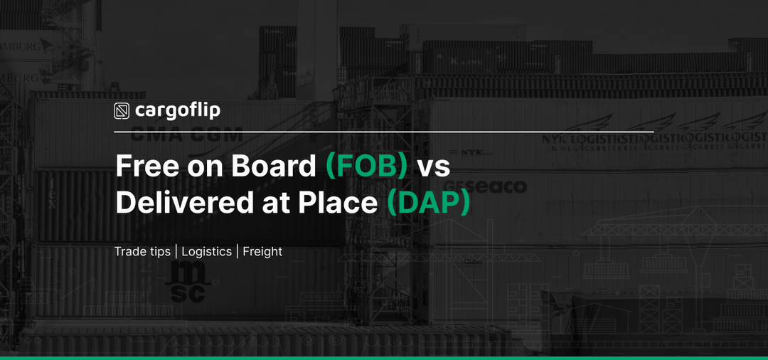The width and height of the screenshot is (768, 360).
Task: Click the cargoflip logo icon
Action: coord(122,111)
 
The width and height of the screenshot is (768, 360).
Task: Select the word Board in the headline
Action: coord(272,166)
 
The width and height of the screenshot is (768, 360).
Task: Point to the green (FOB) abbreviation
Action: coord(366,166)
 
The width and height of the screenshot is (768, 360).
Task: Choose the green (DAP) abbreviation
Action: coord(429,203)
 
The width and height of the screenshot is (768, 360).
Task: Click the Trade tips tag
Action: coord(143,252)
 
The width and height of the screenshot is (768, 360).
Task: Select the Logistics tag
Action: coord(206,252)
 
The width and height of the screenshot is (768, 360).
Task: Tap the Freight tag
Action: coord(262,252)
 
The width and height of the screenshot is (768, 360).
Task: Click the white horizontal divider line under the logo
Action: coord(384,132)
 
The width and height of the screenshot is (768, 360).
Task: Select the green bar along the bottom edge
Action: coord(384,357)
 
